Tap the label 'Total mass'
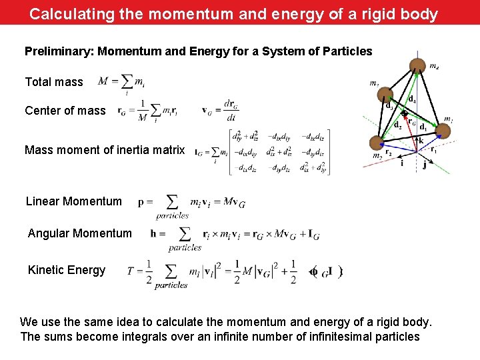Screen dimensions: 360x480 click(x=54, y=82)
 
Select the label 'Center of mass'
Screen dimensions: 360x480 click(x=65, y=111)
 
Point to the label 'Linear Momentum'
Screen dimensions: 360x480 click(x=74, y=201)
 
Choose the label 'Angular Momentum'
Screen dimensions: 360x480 click(x=80, y=233)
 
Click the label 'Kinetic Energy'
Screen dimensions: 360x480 click(x=67, y=270)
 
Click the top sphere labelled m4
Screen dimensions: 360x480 click(x=417, y=66)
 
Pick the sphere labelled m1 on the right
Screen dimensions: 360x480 click(x=443, y=132)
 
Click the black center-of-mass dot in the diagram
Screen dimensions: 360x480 click(x=404, y=113)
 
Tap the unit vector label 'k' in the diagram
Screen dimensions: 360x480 click(x=421, y=141)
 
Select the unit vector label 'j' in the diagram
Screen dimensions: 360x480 click(x=425, y=165)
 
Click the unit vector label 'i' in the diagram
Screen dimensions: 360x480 click(x=401, y=162)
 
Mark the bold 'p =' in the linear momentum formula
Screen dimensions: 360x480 click(x=145, y=201)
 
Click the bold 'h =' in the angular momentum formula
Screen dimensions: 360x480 click(x=158, y=233)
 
